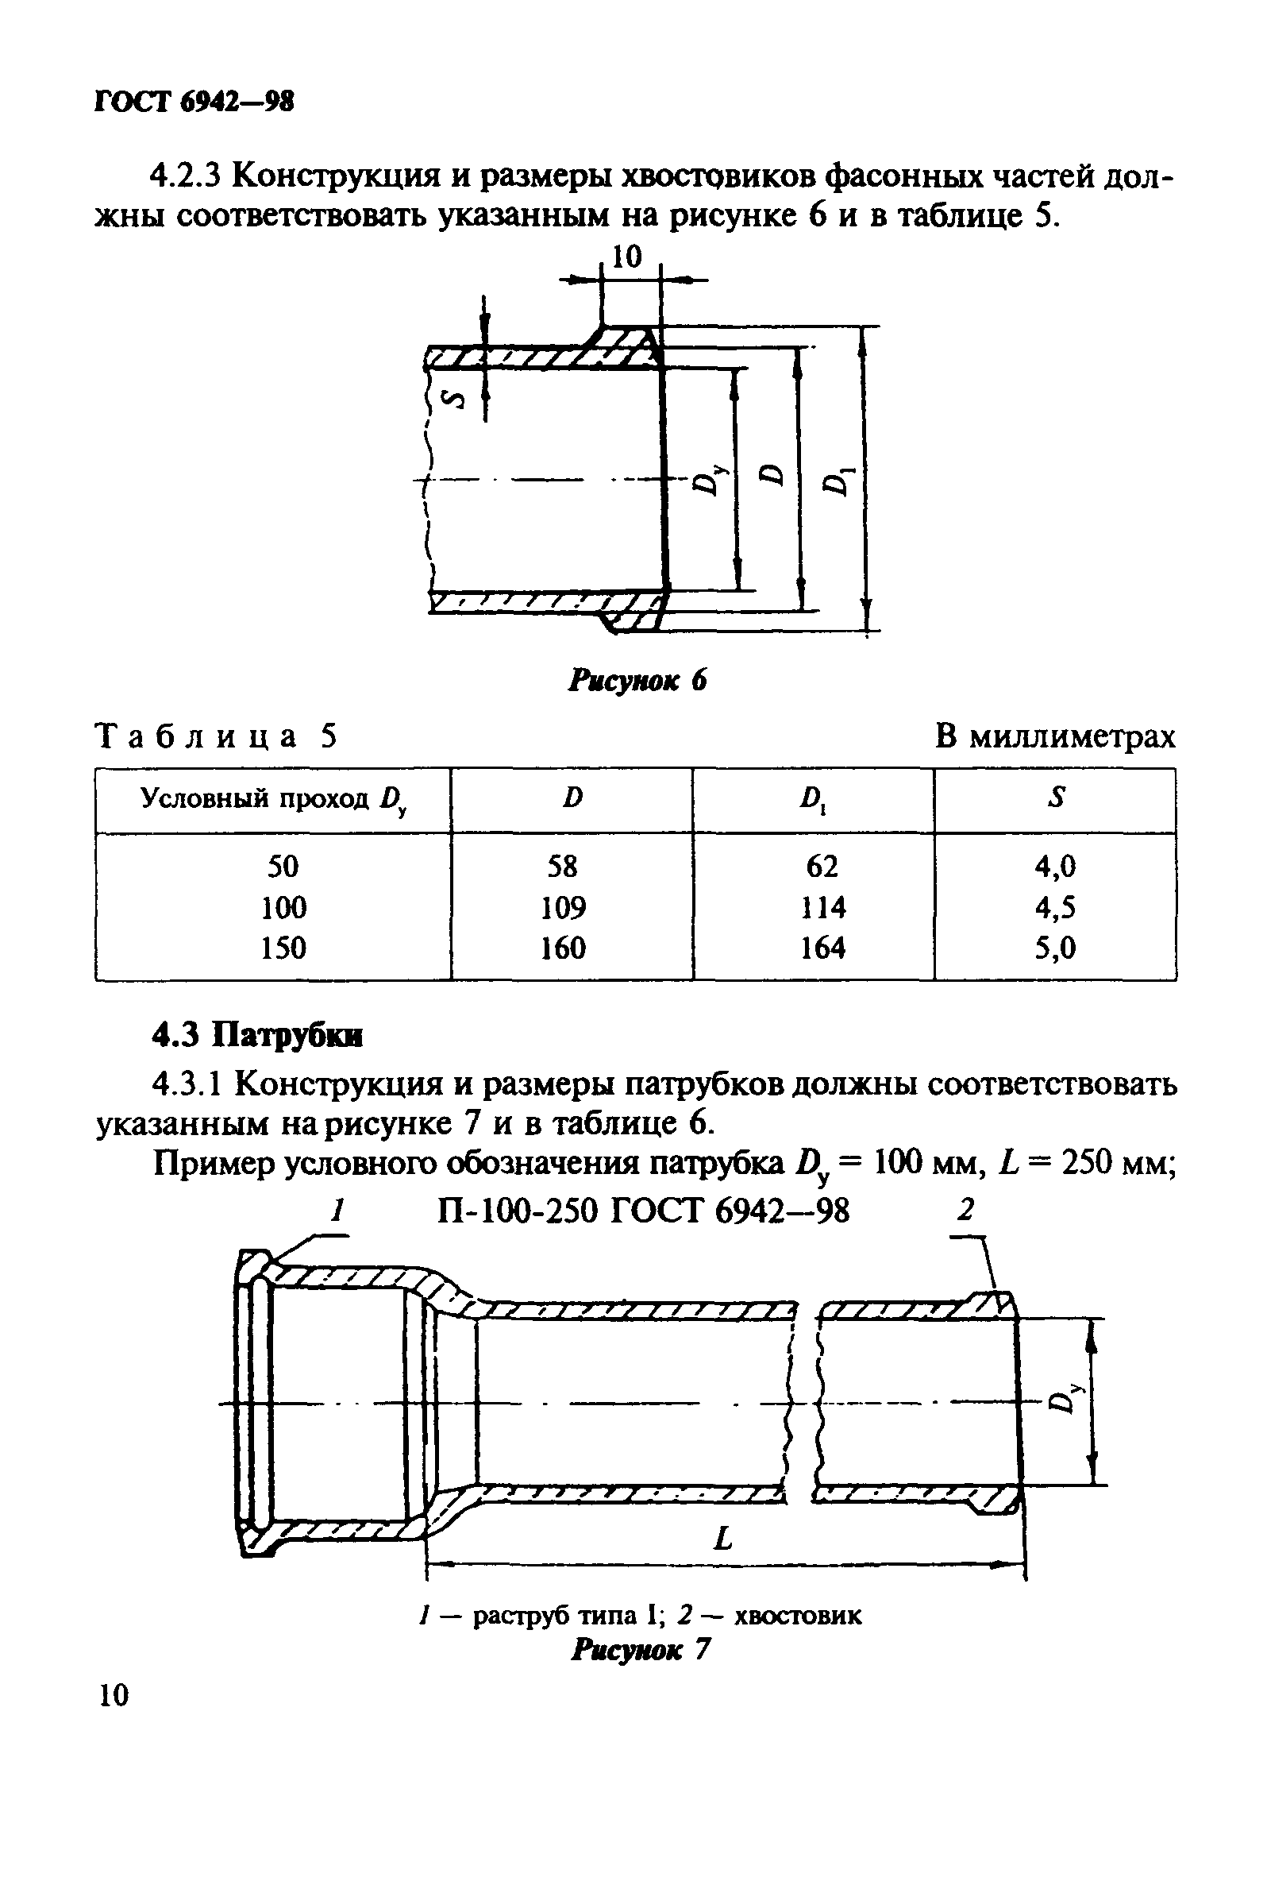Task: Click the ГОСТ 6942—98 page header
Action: coord(194,102)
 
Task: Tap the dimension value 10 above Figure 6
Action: coord(626,257)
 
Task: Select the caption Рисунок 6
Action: coord(637,681)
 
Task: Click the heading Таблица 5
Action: coord(216,736)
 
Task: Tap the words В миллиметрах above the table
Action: coord(1055,736)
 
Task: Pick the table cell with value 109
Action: coord(563,908)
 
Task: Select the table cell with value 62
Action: coord(822,867)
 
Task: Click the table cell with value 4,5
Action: coord(1055,908)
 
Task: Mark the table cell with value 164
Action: coord(822,948)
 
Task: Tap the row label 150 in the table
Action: coord(283,948)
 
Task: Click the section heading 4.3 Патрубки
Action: coord(258,1036)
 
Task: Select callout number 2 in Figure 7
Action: coord(965,1210)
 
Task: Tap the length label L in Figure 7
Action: coord(723,1538)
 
